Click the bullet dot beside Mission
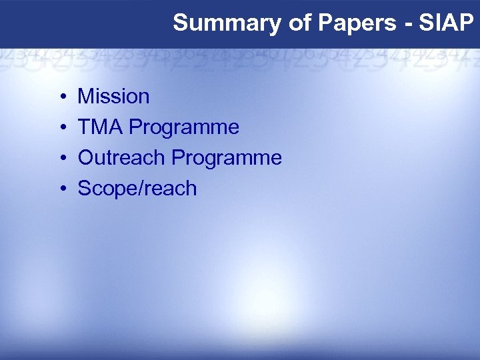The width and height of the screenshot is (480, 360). click(x=61, y=97)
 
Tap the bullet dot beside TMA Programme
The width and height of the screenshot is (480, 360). click(x=61, y=128)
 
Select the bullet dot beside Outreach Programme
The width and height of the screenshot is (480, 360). click(x=61, y=159)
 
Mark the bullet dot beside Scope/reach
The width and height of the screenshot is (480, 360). click(x=61, y=189)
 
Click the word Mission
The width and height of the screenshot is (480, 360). click(x=113, y=97)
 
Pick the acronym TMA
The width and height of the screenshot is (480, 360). click(x=100, y=127)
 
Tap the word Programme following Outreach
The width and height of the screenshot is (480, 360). click(x=227, y=159)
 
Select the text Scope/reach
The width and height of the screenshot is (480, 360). click(x=137, y=189)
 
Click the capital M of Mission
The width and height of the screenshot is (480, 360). click(x=85, y=97)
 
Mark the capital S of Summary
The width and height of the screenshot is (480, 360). click(x=180, y=23)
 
